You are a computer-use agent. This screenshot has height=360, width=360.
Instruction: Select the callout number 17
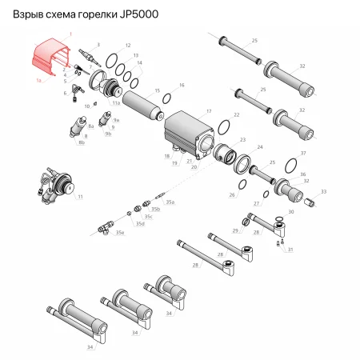[209, 110]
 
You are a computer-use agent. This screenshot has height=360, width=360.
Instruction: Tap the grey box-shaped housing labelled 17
[189, 134]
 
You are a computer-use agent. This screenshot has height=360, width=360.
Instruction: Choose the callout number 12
[129, 46]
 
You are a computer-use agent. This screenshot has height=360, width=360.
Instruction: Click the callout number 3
[98, 45]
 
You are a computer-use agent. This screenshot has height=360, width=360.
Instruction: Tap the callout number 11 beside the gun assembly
[80, 196]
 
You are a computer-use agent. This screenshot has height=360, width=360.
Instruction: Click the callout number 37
[303, 152]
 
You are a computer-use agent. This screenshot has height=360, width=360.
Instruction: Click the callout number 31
[290, 250]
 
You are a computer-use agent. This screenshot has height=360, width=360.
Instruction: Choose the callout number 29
[235, 230]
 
